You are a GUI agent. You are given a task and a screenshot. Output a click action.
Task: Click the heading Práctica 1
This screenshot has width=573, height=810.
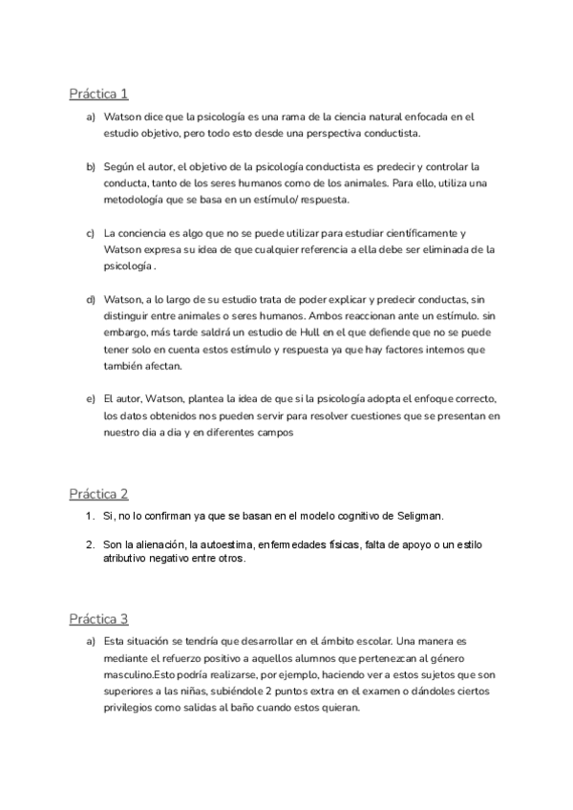[x=98, y=94]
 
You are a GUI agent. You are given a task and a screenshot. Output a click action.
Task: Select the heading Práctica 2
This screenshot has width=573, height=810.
[x=98, y=494]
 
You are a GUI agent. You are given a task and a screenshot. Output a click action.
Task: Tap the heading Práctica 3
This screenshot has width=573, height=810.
[x=98, y=619]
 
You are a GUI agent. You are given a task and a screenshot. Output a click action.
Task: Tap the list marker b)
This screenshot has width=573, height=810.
[x=91, y=166]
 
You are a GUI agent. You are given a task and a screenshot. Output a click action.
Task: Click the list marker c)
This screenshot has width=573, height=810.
[x=91, y=233]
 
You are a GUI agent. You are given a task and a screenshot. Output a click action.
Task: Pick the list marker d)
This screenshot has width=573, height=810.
[x=91, y=300]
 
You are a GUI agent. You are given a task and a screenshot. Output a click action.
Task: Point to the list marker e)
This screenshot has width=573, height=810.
[x=91, y=398]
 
